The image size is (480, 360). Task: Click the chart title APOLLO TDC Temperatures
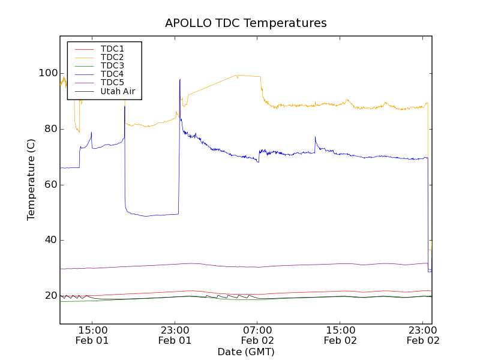246,23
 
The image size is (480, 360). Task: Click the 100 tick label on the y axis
48,73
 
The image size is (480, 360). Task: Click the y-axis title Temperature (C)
31,179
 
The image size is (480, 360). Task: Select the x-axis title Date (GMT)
246,352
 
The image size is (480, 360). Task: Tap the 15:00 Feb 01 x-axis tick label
93,335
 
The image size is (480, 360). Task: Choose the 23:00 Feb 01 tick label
175,335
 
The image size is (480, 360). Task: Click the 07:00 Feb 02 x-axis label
257,335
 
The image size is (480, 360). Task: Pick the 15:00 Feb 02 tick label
340,335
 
